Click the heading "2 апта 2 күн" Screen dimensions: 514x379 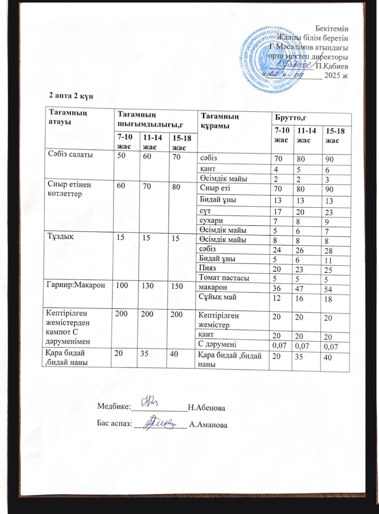coord(71,96)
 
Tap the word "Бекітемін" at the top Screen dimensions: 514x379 coord(332,29)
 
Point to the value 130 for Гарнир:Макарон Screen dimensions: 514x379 coord(146,286)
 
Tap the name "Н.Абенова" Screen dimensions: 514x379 coord(206,408)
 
